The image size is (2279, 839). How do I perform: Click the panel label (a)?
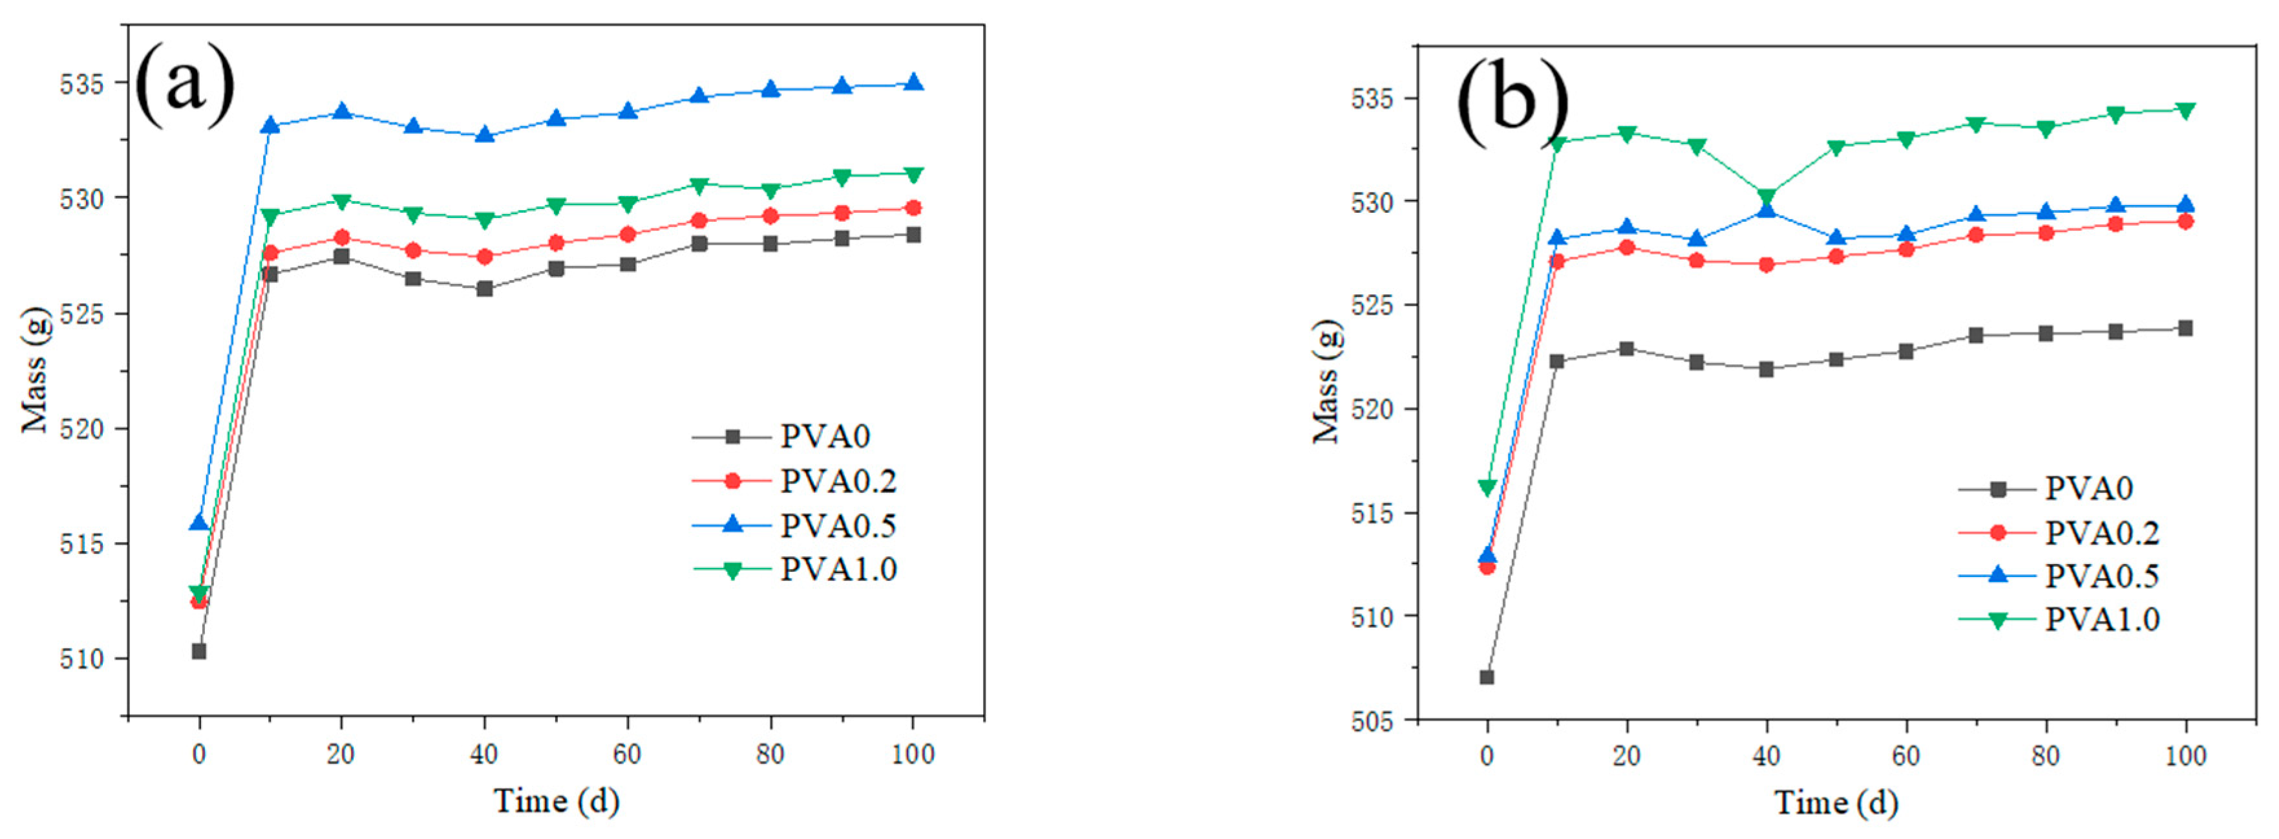pyautogui.click(x=185, y=84)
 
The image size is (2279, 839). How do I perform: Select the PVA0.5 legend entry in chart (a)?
pyautogui.click(x=837, y=526)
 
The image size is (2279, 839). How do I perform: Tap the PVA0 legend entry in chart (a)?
pyautogui.click(x=825, y=436)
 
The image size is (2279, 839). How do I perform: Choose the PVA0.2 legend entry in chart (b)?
pyautogui.click(x=2101, y=533)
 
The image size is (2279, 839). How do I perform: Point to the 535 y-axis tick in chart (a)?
pyautogui.click(x=81, y=84)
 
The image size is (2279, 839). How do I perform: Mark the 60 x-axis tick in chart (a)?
pyautogui.click(x=626, y=755)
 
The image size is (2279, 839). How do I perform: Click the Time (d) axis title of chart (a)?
pyautogui.click(x=556, y=801)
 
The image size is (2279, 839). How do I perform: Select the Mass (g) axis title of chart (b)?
pyautogui.click(x=1326, y=380)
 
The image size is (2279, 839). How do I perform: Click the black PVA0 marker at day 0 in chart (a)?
pyautogui.click(x=199, y=651)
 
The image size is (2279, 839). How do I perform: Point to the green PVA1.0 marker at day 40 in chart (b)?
pyautogui.click(x=1766, y=197)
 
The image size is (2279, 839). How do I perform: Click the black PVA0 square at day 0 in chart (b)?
pyautogui.click(x=1487, y=678)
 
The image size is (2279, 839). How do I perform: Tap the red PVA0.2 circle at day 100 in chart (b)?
pyautogui.click(x=2185, y=221)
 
